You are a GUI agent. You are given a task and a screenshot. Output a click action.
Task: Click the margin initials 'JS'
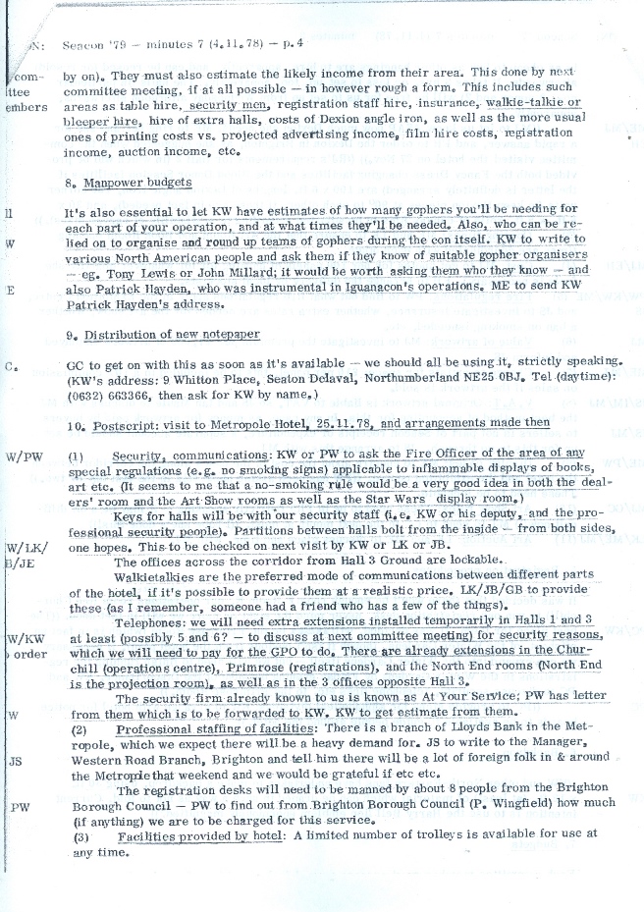click(x=15, y=761)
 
